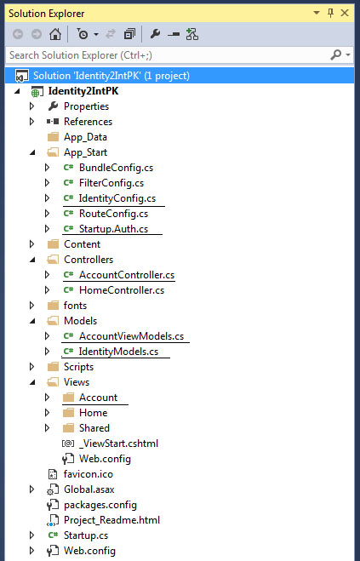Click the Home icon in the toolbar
(55, 34)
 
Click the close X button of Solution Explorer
(345, 14)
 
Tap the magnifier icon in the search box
(336, 55)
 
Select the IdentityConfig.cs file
(117, 198)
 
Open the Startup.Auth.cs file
(113, 229)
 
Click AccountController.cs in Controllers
(127, 275)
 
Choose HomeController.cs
(122, 290)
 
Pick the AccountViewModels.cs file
(131, 336)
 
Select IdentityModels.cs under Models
(118, 352)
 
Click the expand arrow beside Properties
(31, 106)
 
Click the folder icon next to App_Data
(53, 137)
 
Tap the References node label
(88, 122)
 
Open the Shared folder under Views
(94, 428)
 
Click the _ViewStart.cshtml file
(118, 444)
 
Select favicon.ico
(88, 474)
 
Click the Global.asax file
(89, 489)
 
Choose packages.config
(100, 505)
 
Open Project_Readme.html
(111, 520)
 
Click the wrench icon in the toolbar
(155, 34)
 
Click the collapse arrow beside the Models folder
(32, 321)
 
